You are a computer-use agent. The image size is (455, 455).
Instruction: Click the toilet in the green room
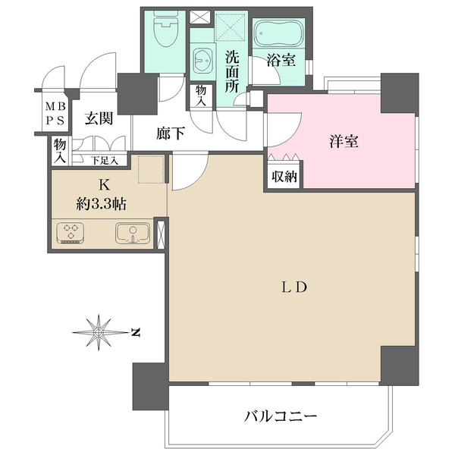[x=164, y=33]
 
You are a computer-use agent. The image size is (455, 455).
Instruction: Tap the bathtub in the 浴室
[x=278, y=35]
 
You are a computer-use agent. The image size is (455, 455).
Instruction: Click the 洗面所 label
[x=232, y=71]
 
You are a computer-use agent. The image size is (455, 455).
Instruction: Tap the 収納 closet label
[x=281, y=176]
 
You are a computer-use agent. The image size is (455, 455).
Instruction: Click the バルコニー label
[x=280, y=416]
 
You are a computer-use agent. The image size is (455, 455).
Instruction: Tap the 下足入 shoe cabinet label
[x=105, y=160]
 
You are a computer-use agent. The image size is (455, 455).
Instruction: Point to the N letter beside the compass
[x=134, y=331]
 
